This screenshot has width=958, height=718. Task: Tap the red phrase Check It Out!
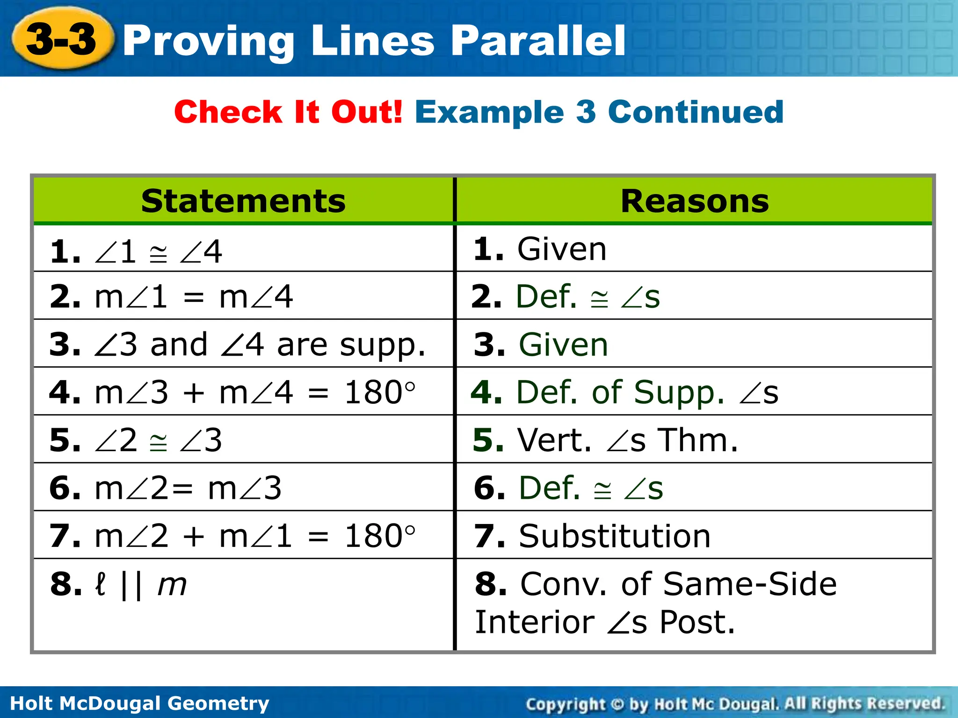click(288, 112)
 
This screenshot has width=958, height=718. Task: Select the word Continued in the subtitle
click(696, 112)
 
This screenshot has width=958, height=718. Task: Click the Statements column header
click(243, 201)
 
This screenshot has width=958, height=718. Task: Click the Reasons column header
click(695, 201)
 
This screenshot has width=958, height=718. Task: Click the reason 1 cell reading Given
click(561, 249)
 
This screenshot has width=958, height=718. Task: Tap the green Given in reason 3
click(563, 345)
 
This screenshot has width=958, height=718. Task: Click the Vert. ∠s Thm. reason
click(627, 440)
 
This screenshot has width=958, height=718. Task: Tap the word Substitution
click(615, 536)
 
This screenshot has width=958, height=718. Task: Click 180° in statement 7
click(379, 536)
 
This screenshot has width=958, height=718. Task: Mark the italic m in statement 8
click(172, 584)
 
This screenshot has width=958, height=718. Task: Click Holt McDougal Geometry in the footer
click(139, 703)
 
